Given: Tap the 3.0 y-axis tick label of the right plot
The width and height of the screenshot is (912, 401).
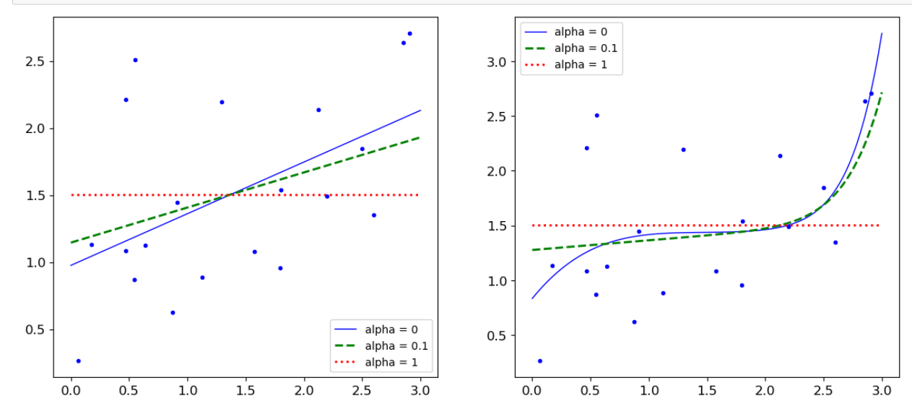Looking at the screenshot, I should tap(498, 62).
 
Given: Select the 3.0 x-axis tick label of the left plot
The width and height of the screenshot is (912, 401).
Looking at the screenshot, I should tap(420, 391).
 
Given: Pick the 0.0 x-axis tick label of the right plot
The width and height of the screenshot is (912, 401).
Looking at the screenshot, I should tap(532, 391).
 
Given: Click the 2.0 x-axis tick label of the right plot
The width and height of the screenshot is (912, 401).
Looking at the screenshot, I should tap(765, 391).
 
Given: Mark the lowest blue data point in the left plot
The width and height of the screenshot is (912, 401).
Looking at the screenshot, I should tap(78, 361).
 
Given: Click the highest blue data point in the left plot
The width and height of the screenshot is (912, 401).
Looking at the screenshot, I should tap(409, 33).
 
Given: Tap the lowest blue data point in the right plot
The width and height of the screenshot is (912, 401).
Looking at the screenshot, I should tap(539, 361).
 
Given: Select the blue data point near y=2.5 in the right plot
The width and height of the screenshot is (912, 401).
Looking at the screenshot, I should tap(596, 115).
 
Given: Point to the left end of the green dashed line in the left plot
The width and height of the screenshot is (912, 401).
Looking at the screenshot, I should tap(71, 242).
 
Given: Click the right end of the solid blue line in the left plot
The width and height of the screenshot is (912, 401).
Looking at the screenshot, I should tap(420, 111).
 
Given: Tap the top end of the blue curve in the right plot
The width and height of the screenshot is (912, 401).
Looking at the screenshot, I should tap(882, 33).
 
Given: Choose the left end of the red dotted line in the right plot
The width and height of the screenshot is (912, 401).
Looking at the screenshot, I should tap(533, 225).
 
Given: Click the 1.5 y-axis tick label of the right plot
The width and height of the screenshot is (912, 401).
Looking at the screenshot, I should tap(498, 225).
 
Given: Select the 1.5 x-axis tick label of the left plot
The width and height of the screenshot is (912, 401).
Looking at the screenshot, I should tap(246, 391).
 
